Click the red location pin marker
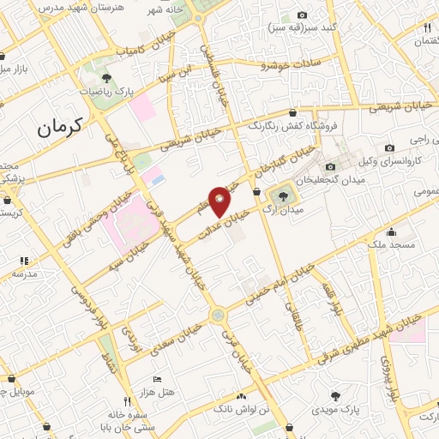(x=219, y=201)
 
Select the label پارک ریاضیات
(x=107, y=89)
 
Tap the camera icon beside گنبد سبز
(x=302, y=15)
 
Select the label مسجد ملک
(x=392, y=245)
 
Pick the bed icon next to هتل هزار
(x=156, y=378)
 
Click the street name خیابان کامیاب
(x=129, y=51)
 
